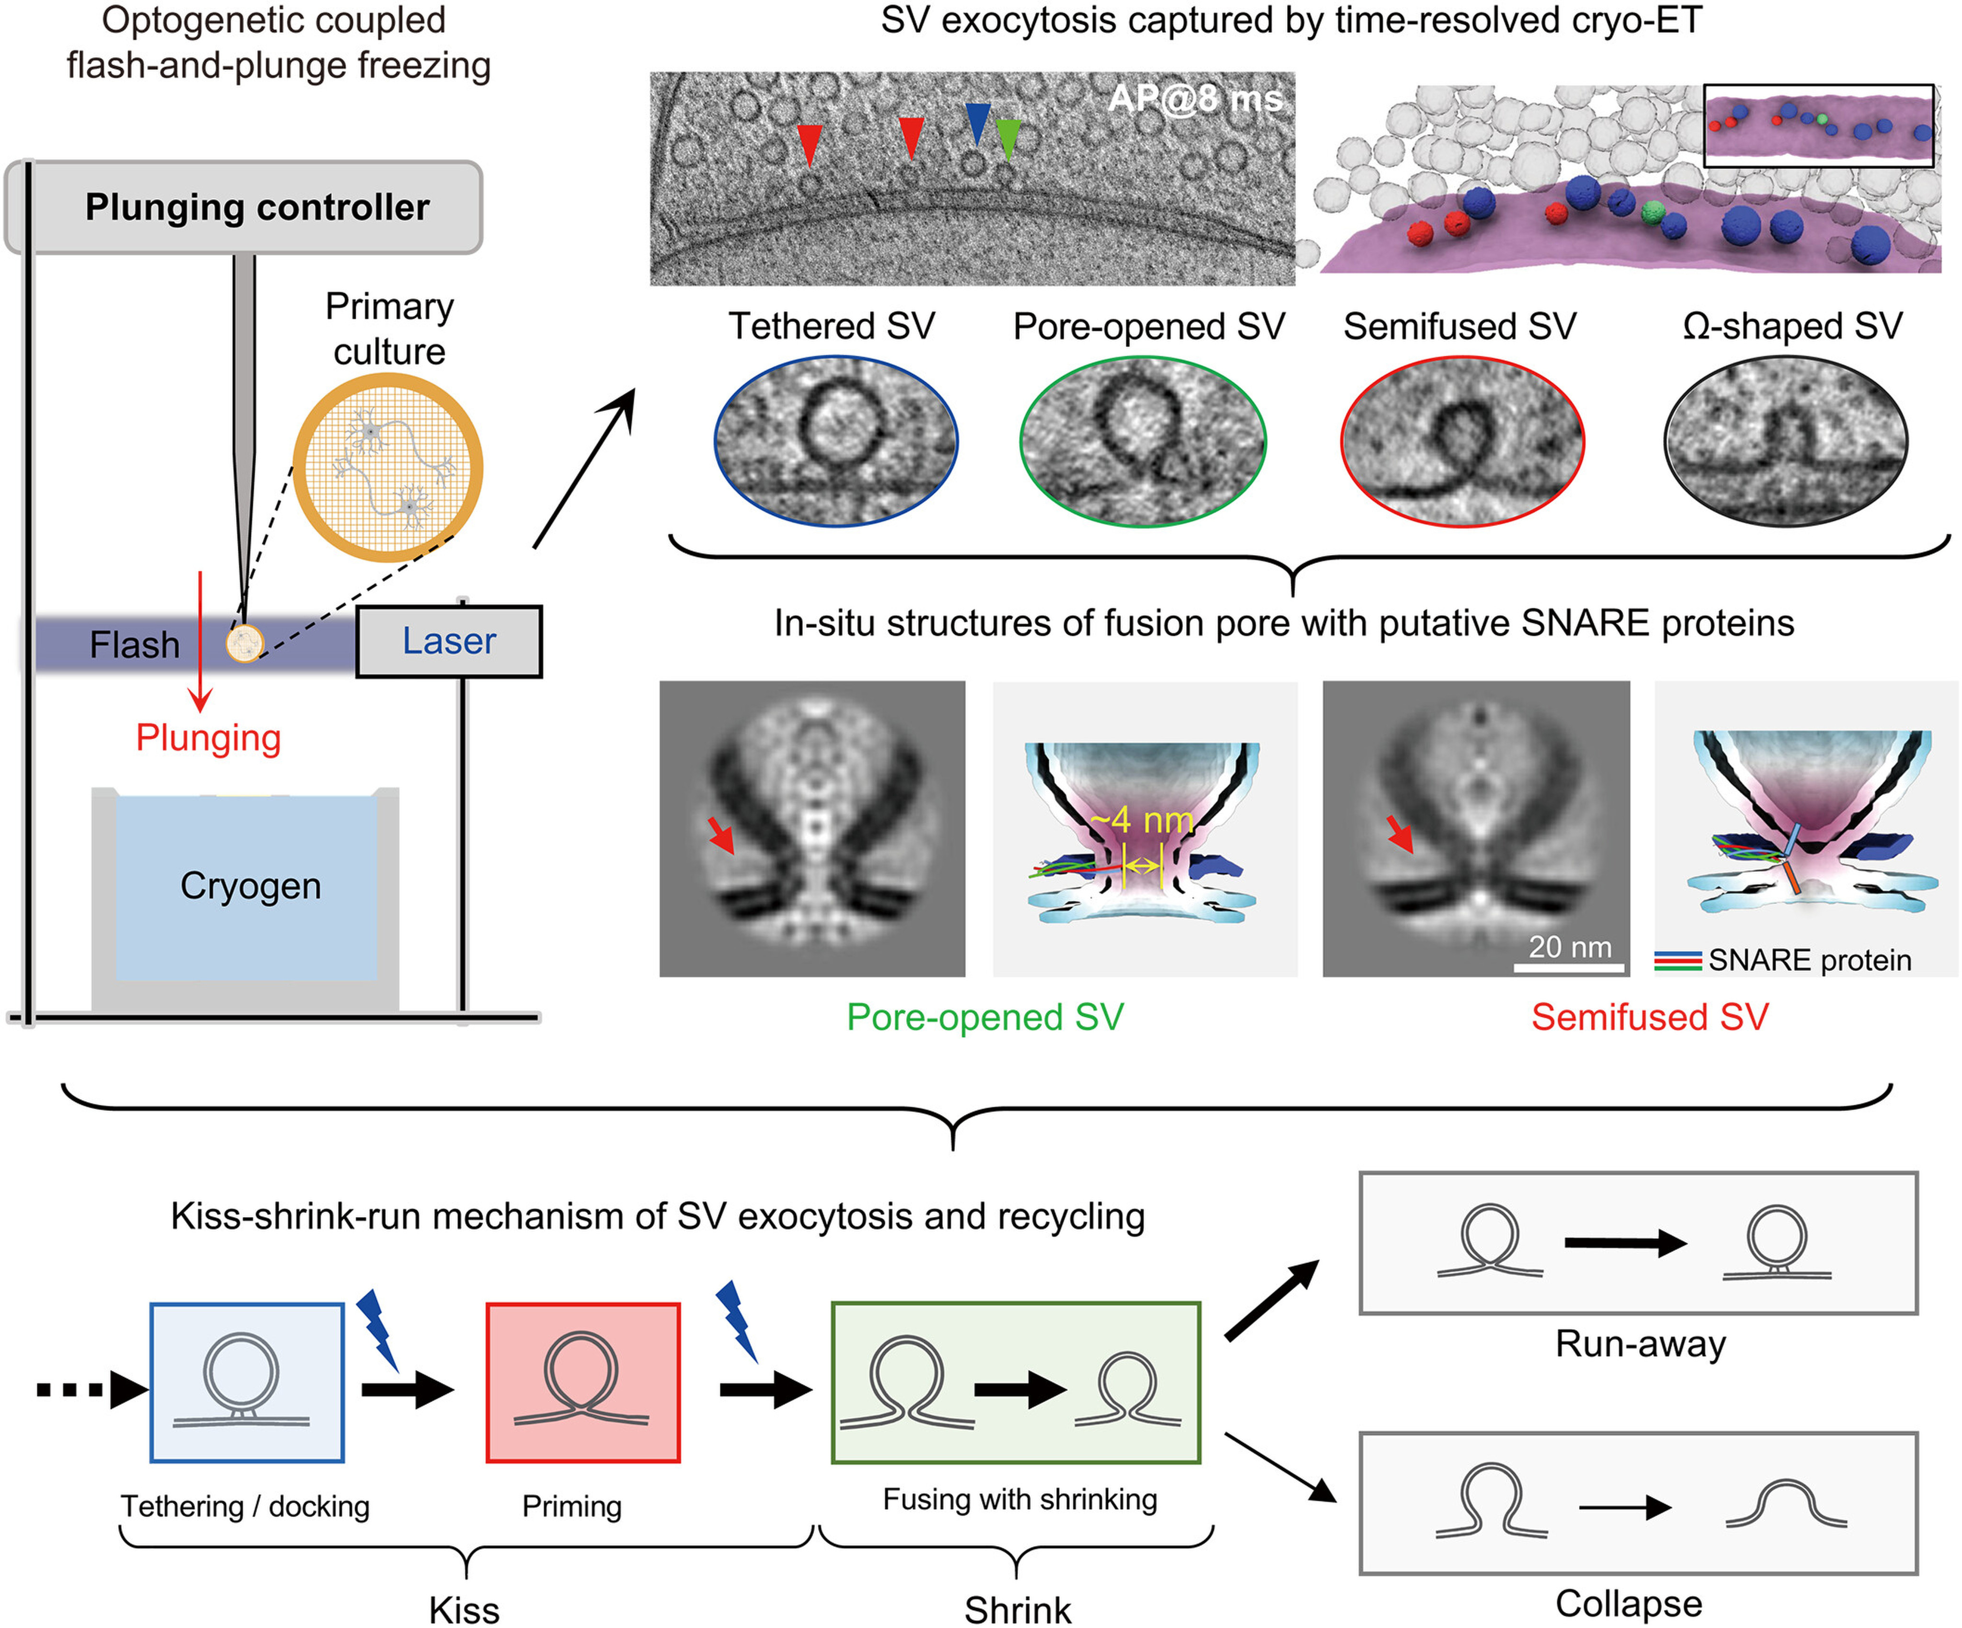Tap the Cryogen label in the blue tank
(x=251, y=885)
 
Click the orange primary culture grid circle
(x=388, y=467)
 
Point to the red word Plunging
(x=208, y=737)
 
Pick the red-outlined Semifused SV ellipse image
(x=1462, y=441)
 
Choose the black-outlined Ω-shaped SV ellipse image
(x=1785, y=441)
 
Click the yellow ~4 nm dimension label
(x=1141, y=821)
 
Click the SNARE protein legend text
(x=1809, y=960)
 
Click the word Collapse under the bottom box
(x=1629, y=1603)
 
